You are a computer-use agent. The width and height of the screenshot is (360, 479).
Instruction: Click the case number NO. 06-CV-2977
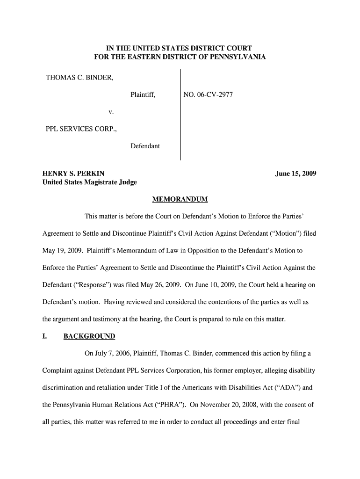(208, 95)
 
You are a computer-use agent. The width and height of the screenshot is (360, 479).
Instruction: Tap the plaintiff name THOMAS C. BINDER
(79, 77)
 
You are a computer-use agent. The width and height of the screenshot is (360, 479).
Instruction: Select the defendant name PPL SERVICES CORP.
(81, 129)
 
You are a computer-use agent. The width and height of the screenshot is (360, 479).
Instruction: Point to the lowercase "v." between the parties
(111, 112)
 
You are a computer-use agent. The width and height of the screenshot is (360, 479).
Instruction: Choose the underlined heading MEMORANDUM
(180, 200)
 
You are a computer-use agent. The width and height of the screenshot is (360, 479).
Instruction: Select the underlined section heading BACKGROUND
(89, 336)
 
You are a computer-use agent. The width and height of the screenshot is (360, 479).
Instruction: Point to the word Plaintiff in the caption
(143, 95)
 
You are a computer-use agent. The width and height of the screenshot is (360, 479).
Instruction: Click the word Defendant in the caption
(145, 146)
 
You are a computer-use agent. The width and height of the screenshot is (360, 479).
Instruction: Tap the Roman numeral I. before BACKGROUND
(45, 336)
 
